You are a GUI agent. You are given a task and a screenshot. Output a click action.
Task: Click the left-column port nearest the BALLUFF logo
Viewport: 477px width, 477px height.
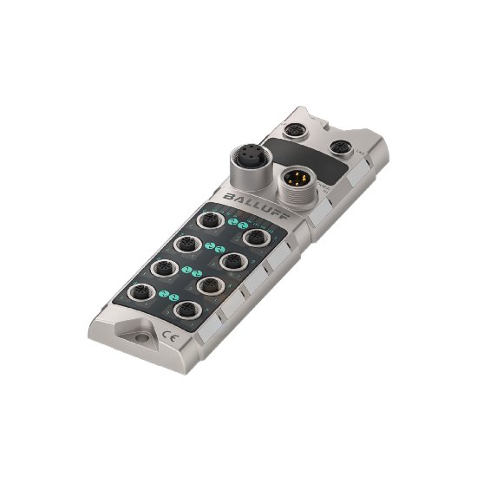[x=208, y=222]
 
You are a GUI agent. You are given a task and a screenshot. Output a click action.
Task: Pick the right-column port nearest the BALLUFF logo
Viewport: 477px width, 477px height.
[x=255, y=237]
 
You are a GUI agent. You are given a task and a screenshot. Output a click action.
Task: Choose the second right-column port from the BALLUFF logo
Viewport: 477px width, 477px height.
[x=231, y=259]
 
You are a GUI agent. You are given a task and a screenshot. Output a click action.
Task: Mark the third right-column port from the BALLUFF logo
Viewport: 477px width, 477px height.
[x=207, y=284]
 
